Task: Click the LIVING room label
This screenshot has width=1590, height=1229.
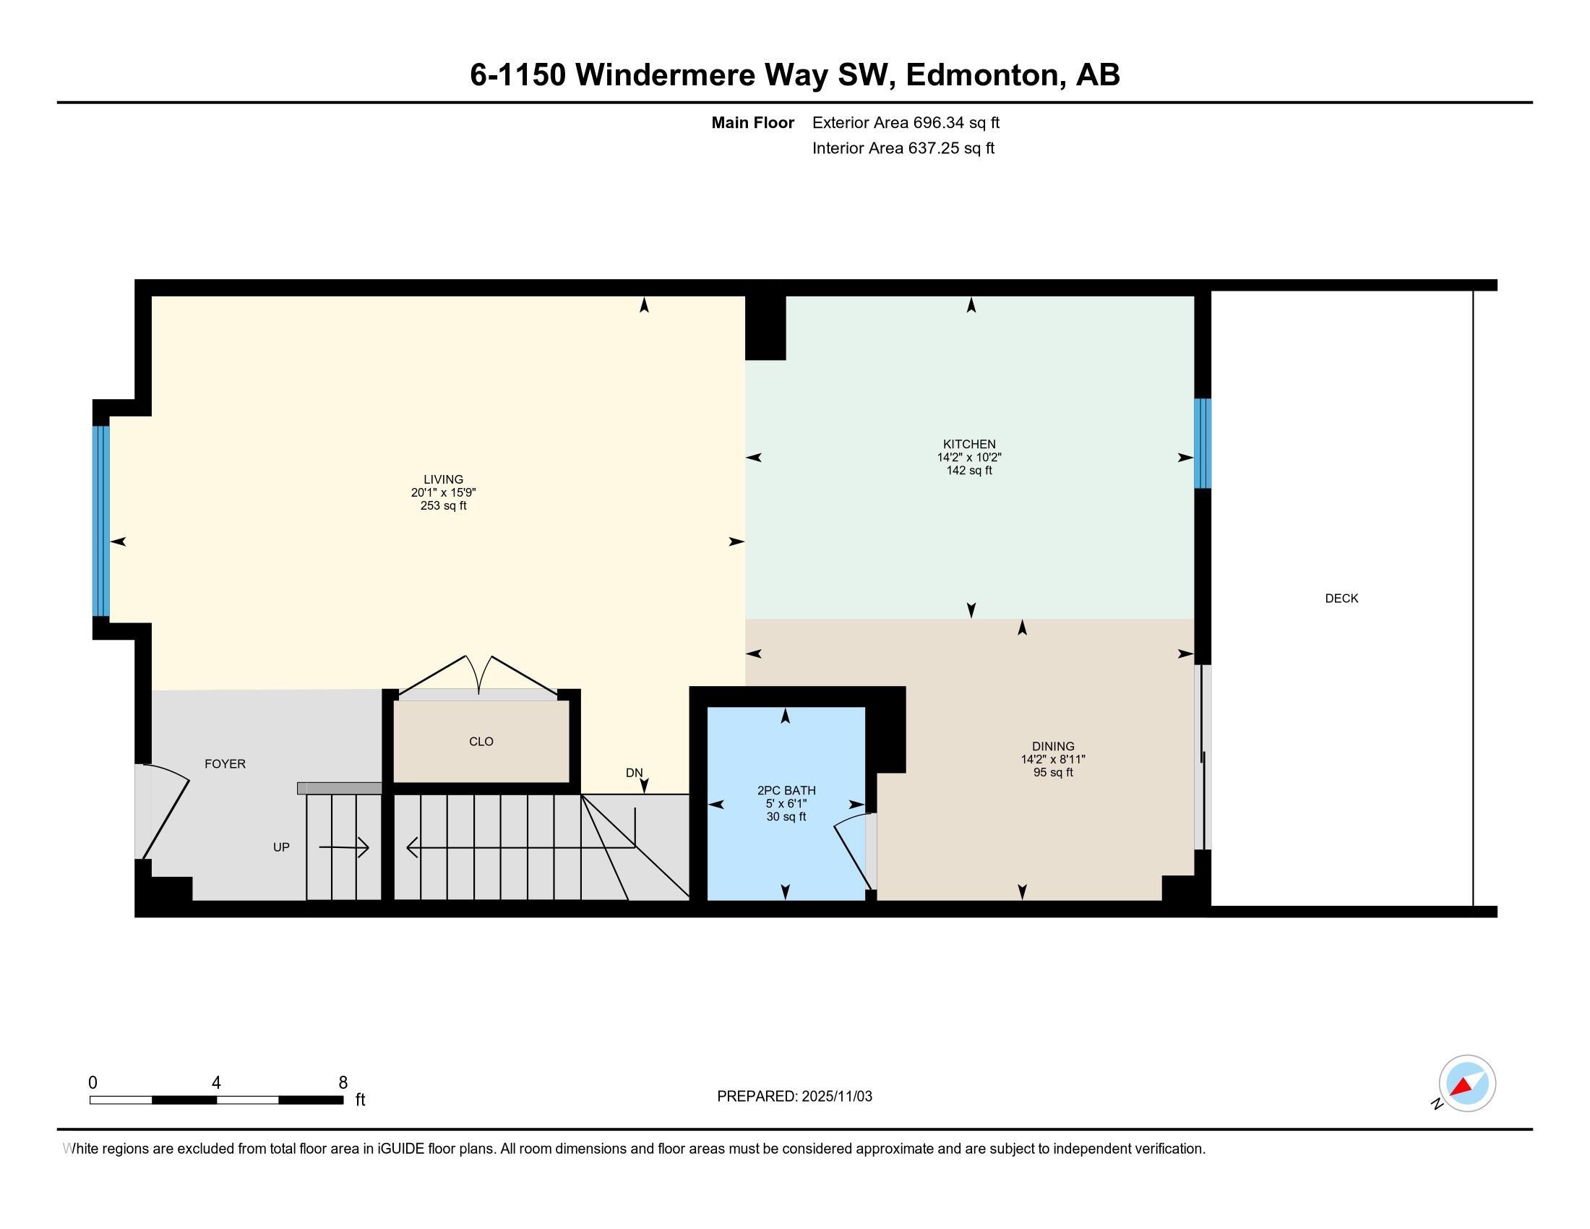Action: pos(442,479)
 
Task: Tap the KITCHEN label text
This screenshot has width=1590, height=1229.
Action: pos(969,444)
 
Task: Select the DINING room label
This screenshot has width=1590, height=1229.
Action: pos(1053,746)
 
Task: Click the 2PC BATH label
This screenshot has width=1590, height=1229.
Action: pos(786,791)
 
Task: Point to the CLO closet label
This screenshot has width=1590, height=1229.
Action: pos(481,742)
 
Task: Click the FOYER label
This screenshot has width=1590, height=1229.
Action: pos(225,763)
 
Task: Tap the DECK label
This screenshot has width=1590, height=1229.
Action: pos(1341,599)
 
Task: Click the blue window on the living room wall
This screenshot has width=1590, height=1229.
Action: pos(101,521)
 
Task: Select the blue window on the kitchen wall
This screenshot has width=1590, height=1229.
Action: pos(1203,443)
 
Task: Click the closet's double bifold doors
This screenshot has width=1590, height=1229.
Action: pos(478,676)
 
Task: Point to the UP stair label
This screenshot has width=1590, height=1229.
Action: pos(281,847)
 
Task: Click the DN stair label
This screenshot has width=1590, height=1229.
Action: pos(634,774)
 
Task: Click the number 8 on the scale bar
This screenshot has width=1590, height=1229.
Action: pos(343,1083)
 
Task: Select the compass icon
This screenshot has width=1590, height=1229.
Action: pos(1466,1084)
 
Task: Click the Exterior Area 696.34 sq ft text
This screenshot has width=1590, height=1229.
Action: pos(906,123)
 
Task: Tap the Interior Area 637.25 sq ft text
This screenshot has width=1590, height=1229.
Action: pos(903,148)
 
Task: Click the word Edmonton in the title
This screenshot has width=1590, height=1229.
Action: pos(981,75)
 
